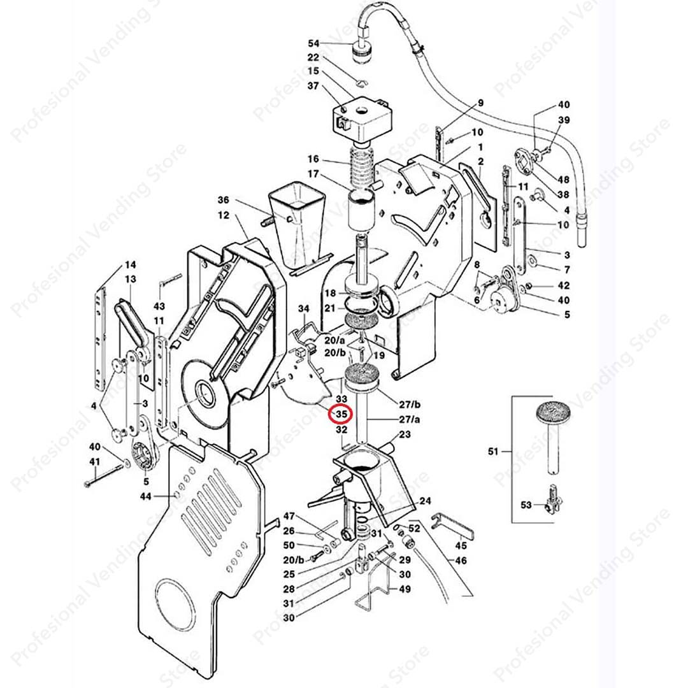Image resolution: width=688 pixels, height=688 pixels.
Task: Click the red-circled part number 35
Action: pyautogui.click(x=341, y=414)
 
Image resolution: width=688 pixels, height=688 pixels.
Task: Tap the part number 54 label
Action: pyautogui.click(x=313, y=43)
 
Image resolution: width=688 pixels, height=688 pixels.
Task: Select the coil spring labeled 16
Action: pyautogui.click(x=362, y=166)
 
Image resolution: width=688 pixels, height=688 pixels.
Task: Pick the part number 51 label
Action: pyautogui.click(x=493, y=451)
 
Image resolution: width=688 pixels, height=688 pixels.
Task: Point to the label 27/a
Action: pyautogui.click(x=410, y=419)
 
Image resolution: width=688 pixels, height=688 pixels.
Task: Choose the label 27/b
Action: pyautogui.click(x=410, y=404)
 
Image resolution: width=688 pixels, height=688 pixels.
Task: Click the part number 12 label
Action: pyautogui.click(x=224, y=215)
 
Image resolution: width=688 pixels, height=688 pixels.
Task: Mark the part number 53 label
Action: pyautogui.click(x=526, y=505)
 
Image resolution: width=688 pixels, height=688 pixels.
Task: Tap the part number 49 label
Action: pyautogui.click(x=405, y=589)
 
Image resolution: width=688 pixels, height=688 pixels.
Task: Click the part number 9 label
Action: pyautogui.click(x=480, y=103)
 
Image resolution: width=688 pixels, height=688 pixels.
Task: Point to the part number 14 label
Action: pyautogui.click(x=131, y=264)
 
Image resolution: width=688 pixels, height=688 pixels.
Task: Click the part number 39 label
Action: pyautogui.click(x=564, y=120)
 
